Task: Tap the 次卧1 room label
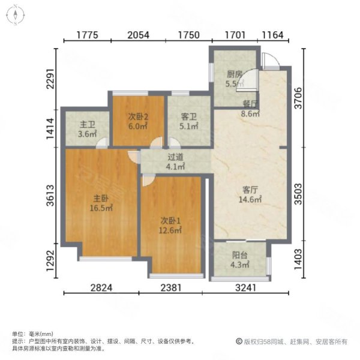click(170, 220)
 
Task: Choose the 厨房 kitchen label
click(235, 75)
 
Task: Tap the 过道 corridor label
click(175, 157)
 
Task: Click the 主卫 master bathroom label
click(88, 125)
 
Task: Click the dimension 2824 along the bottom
click(101, 287)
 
